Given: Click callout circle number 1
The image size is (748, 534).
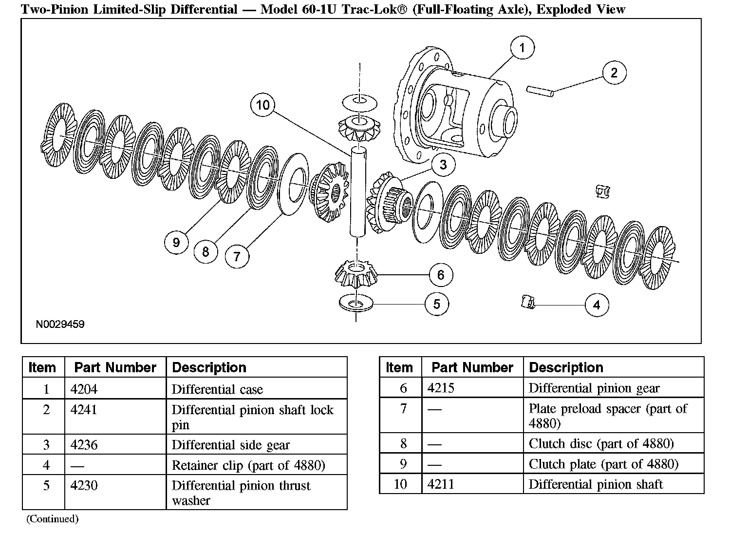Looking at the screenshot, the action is click(x=522, y=47).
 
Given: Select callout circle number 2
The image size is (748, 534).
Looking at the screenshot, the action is click(x=615, y=73).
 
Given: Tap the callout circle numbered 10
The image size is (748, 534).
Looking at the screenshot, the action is click(x=263, y=105).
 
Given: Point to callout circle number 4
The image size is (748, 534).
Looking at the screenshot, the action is click(x=597, y=305).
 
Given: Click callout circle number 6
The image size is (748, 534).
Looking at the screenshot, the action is click(x=441, y=275).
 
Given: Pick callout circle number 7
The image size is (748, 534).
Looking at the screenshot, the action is click(x=237, y=256).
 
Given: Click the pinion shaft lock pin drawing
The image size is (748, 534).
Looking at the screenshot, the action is click(x=540, y=91).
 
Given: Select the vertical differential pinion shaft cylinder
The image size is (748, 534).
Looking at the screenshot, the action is click(x=357, y=191).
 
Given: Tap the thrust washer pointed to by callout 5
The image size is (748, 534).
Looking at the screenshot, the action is click(x=356, y=303).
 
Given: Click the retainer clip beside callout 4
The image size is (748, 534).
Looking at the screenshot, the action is click(x=528, y=302).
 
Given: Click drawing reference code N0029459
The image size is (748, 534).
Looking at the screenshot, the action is click(x=60, y=324).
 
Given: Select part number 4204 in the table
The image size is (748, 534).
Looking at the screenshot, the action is click(x=84, y=389).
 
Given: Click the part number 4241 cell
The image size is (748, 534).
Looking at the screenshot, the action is click(x=84, y=409).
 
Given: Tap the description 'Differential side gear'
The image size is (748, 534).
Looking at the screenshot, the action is click(x=230, y=445).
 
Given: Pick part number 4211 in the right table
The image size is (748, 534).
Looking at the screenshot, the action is click(x=441, y=484).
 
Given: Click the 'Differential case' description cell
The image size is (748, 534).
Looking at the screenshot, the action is click(x=257, y=388).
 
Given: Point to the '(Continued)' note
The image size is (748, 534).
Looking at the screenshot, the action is click(x=53, y=518).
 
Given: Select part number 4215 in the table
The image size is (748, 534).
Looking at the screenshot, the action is click(x=441, y=388).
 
